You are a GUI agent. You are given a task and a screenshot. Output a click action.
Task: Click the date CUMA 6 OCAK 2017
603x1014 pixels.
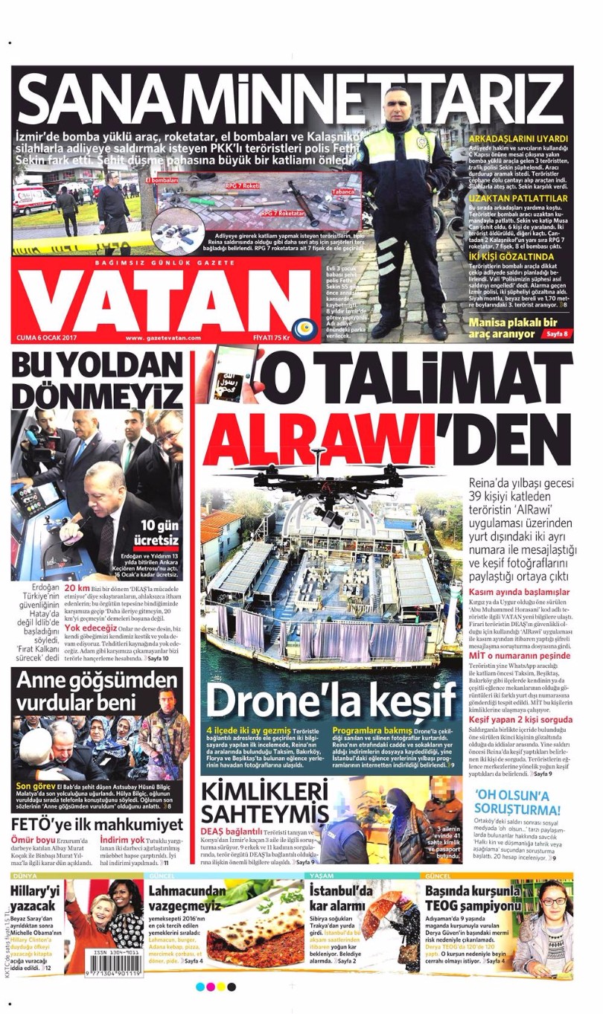pos(48,337)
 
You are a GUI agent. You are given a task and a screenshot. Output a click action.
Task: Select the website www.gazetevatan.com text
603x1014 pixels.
pos(163,337)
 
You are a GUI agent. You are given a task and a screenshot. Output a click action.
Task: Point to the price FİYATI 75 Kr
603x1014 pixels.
pos(270,337)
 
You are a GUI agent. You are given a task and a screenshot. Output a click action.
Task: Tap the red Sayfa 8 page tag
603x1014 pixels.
pos(556,334)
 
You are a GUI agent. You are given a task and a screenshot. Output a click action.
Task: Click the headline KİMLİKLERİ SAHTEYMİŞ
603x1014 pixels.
pos(264,801)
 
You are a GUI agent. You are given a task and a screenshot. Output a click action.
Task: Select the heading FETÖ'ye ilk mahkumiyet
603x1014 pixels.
pos(97,825)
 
